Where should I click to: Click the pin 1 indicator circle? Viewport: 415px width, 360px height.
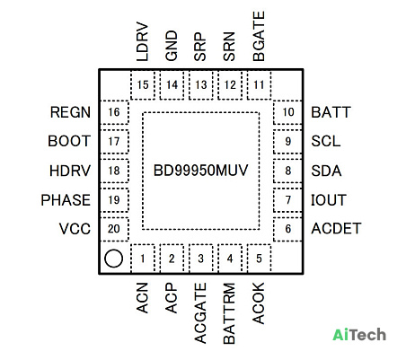(113, 259)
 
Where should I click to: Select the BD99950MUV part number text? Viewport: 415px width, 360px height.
(200, 171)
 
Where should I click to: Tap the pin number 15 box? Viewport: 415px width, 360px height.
(143, 85)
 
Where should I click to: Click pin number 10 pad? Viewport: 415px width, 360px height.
(287, 112)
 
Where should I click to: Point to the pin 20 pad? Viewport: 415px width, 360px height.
(114, 229)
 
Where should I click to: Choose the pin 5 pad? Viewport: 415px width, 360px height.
(259, 258)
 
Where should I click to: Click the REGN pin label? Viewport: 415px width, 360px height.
(70, 112)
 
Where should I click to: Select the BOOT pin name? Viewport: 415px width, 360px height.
(69, 141)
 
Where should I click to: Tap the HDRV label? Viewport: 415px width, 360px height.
(70, 171)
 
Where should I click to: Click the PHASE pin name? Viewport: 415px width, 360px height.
(66, 200)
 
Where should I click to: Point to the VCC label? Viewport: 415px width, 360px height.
(75, 229)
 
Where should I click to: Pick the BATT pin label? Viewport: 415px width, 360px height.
(331, 112)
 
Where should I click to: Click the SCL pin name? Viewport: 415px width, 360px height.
(326, 141)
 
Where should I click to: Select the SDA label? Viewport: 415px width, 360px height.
(326, 171)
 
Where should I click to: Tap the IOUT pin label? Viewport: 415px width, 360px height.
(329, 200)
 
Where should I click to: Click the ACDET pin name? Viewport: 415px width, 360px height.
(336, 229)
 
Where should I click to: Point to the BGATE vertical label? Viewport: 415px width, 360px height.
(259, 36)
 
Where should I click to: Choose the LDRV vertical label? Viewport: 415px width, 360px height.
(143, 41)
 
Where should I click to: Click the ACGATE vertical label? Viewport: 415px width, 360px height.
(200, 313)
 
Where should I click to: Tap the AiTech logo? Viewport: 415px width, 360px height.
(359, 335)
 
